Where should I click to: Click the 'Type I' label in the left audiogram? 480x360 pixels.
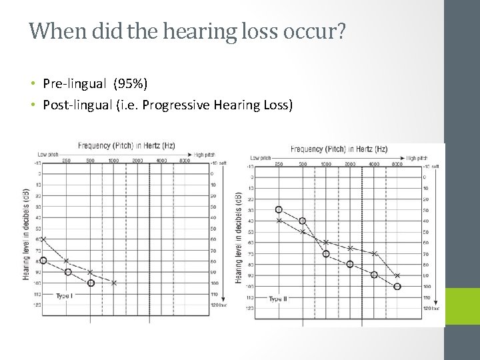(65, 295)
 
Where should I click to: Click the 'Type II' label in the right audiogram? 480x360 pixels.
(278, 299)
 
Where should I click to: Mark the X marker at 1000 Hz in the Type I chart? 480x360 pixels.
(114, 283)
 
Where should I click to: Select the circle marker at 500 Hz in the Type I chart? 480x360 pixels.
(91, 283)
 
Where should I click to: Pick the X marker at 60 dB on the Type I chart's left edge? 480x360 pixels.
(44, 239)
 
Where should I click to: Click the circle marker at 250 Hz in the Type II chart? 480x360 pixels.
(279, 209)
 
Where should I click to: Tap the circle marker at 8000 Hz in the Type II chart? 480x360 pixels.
(397, 287)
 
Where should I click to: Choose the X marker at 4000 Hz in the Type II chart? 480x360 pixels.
(374, 253)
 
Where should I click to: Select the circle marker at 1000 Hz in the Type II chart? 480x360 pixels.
(326, 253)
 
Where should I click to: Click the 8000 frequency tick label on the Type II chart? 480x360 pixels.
(397, 164)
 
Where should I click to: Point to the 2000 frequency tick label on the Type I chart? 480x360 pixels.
(138, 161)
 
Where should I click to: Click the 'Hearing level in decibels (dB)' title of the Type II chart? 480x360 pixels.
(239, 239)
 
